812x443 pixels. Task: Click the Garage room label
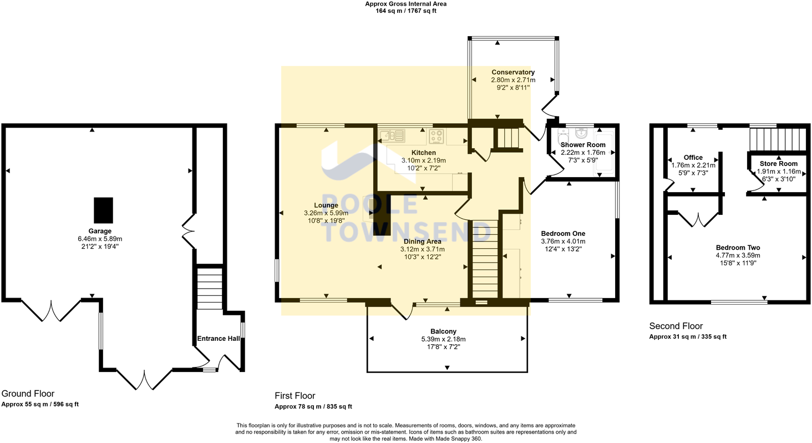100,231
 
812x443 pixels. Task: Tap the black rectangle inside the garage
103,210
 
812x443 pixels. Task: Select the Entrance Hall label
219,339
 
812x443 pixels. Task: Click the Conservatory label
513,72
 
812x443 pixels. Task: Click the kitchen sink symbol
392,136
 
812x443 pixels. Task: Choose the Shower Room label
583,145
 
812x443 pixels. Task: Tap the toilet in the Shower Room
563,135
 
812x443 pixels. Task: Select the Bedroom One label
563,234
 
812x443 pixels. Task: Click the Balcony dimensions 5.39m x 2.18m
443,339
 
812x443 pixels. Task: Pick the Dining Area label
422,241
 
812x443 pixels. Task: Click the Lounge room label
326,205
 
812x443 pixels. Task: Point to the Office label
693,158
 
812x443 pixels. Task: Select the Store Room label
779,164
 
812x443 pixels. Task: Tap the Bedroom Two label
738,248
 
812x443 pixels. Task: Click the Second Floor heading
676,326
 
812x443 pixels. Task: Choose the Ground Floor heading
28,394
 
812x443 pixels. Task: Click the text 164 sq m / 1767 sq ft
406,11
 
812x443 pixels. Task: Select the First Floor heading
295,396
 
